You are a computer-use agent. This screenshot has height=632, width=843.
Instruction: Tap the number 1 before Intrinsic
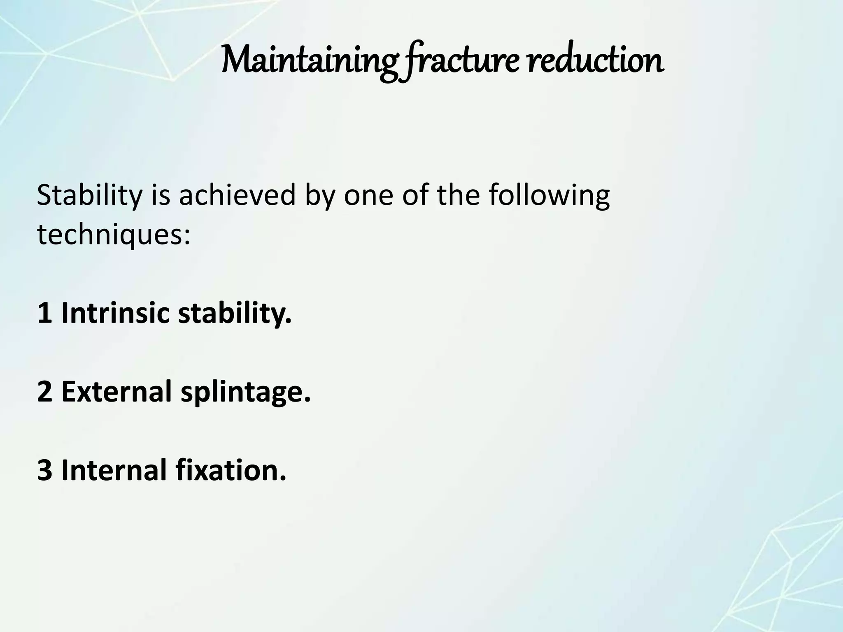coord(44,314)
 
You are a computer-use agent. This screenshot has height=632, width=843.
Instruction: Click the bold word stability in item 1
coord(235,314)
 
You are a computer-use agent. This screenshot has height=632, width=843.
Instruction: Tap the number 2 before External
coord(44,392)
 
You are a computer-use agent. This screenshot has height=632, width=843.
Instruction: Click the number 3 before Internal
coord(44,470)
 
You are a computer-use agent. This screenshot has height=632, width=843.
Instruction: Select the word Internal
coord(115,470)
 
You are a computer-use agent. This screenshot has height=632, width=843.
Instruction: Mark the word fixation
coord(231,470)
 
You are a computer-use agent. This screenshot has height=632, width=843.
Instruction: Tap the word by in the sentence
coord(319,197)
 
